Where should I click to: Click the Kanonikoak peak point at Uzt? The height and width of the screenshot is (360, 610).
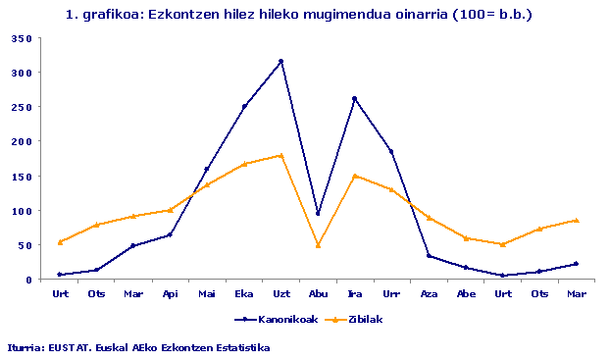pos(280,61)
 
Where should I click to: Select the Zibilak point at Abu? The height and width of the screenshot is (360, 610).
pos(318,245)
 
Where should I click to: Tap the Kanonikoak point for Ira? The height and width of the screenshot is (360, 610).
pos(354,98)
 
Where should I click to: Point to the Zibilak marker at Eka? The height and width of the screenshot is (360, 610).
pos(244,164)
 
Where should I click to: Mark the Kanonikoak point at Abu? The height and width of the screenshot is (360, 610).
pos(318,213)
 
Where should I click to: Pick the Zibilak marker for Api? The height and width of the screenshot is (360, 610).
pos(171,210)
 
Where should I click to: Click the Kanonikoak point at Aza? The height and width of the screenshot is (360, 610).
pos(429,256)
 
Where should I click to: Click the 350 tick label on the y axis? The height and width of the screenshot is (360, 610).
pos(23,38)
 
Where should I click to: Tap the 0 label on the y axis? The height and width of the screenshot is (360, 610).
pos(28,280)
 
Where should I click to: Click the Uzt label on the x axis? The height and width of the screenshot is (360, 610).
pos(280,293)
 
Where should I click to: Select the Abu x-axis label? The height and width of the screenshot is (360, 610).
pos(318,293)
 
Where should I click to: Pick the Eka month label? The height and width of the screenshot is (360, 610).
pos(244,293)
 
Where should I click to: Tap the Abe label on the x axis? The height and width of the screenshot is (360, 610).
pos(466,293)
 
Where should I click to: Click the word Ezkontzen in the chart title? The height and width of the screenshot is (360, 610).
pos(178,15)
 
